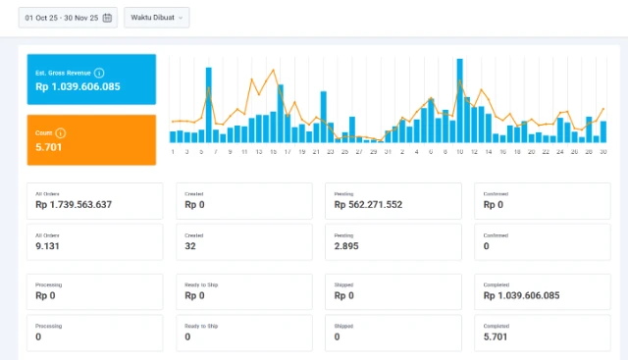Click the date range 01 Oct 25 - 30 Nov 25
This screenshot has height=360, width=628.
click(61, 18)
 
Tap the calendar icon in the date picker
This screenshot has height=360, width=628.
click(107, 18)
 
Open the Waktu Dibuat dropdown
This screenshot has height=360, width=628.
click(156, 18)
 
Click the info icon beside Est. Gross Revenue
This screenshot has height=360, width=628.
click(99, 73)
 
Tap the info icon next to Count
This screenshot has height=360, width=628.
click(61, 132)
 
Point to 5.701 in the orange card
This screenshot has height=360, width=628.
click(48, 146)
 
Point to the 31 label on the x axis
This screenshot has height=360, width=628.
click(388, 152)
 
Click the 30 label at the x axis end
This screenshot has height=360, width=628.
click(602, 152)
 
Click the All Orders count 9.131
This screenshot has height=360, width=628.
click(48, 247)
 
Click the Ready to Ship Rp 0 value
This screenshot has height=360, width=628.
click(194, 295)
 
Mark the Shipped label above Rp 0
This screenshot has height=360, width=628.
click(343, 284)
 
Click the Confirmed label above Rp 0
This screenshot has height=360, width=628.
click(496, 194)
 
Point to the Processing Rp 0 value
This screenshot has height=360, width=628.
click(45, 295)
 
